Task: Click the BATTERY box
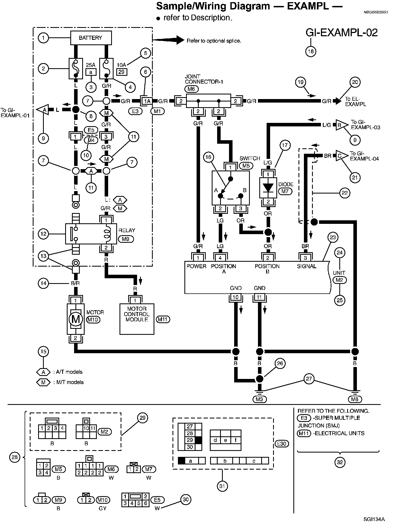click(91, 38)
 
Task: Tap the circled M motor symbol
click(75, 319)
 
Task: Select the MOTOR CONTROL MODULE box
click(137, 319)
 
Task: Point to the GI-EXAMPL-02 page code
click(341, 32)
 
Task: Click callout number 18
click(311, 51)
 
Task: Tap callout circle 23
click(333, 237)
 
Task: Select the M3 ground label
click(259, 399)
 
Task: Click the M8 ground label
click(355, 399)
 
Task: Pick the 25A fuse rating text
click(91, 65)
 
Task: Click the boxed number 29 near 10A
click(121, 72)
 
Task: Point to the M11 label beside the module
click(163, 319)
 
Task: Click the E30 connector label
click(281, 444)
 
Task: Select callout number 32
click(340, 462)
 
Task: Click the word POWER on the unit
click(196, 266)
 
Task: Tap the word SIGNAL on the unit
click(307, 266)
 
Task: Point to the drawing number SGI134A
click(374, 519)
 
